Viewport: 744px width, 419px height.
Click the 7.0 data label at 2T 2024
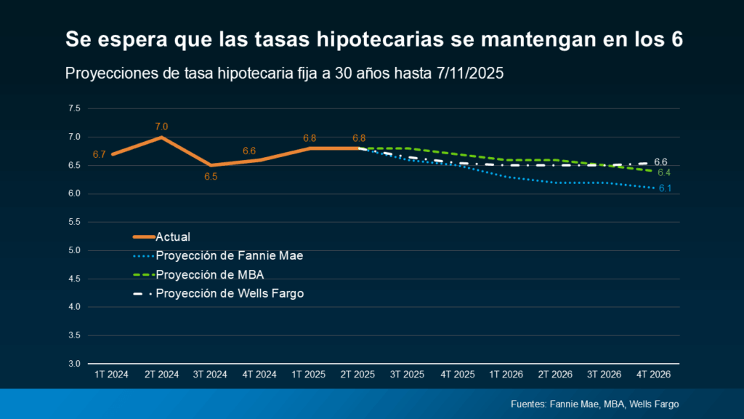point(161,127)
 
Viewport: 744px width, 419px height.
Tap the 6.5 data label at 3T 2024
point(211,177)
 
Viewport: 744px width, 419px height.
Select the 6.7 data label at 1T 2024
point(100,154)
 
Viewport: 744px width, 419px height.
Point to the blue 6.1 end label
point(664,188)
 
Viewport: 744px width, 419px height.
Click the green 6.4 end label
point(663,172)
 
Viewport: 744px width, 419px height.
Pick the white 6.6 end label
point(660,161)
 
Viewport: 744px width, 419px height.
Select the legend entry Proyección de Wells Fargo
point(230,293)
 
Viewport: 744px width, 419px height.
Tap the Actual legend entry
point(173,236)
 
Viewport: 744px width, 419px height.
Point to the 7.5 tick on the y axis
point(74,108)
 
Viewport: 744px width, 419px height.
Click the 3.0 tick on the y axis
point(74,364)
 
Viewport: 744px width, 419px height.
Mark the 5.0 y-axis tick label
point(74,250)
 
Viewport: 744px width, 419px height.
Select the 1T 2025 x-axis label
point(309,374)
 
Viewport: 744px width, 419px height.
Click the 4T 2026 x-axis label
point(654,374)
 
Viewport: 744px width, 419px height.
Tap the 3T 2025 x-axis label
point(407,374)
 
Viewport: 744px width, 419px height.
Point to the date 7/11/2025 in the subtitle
point(474,73)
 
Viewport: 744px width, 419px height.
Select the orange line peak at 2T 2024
point(161,137)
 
